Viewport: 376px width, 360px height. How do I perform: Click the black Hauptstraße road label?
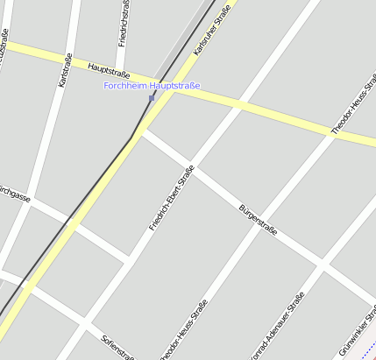[x=109, y=67]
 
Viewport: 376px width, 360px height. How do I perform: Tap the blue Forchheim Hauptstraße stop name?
[x=152, y=86]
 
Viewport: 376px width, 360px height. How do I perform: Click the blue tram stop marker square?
[x=152, y=98]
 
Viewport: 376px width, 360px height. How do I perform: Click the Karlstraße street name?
[x=63, y=70]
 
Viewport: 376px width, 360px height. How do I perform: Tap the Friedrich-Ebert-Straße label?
[x=171, y=198]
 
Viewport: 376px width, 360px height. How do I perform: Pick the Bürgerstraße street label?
[x=258, y=220]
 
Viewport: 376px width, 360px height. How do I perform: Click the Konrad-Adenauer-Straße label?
[x=277, y=327]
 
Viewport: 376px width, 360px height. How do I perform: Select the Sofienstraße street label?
[x=117, y=348]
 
